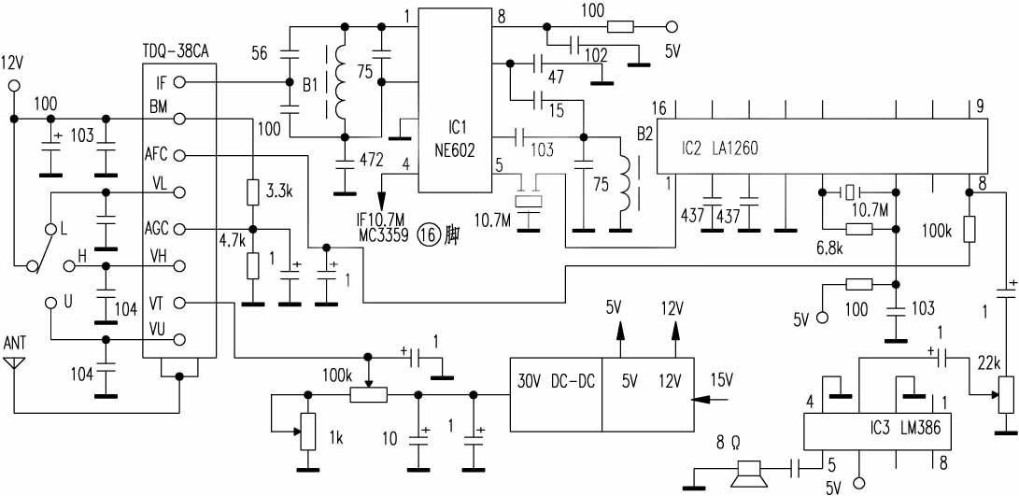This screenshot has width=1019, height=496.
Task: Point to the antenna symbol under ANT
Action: coord(15,361)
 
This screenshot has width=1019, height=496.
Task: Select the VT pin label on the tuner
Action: coord(156,303)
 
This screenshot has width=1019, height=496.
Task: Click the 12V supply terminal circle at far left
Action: coord(14,87)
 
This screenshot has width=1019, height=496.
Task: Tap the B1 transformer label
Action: coord(310,85)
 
